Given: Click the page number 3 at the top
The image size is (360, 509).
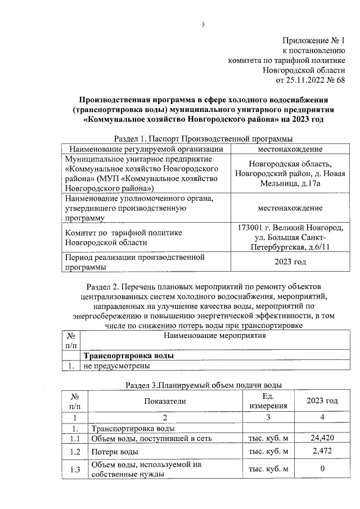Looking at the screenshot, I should click(204, 24).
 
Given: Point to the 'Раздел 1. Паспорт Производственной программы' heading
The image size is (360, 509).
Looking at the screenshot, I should click(203, 138).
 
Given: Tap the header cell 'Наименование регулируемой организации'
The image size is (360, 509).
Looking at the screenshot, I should click(146, 149).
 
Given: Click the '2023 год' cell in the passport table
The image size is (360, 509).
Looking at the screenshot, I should click(290, 262).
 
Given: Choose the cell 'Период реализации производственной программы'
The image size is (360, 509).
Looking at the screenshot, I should click(134, 262).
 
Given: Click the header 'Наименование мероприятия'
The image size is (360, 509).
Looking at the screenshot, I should click(214, 336).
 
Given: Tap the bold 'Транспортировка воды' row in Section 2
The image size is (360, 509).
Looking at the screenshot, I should click(128, 356).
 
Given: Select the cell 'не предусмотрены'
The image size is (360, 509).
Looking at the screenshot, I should click(117, 366).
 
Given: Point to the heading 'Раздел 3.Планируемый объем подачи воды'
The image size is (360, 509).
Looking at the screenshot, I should click(203, 385).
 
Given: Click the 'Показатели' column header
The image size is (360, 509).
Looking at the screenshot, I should click(164, 400).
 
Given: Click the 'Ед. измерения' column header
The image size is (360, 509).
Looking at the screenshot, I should click(268, 400).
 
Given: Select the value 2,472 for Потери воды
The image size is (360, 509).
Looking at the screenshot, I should click(322, 451).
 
